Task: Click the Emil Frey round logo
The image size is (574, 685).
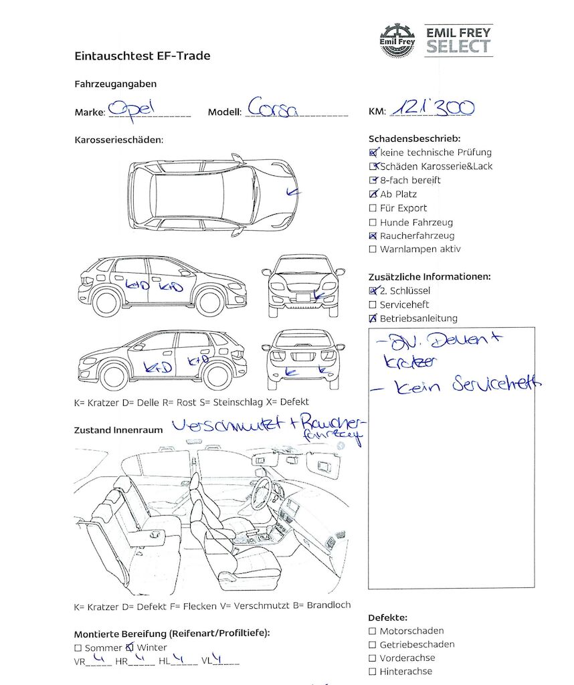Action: [397, 39]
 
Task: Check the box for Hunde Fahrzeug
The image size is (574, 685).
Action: [373, 222]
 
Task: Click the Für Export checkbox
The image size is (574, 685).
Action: [373, 208]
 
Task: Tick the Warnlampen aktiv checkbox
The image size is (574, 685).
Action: [373, 250]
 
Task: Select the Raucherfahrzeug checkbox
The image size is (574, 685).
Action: [373, 236]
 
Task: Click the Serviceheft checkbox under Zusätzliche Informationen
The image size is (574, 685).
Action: [373, 305]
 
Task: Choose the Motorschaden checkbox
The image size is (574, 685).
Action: [373, 631]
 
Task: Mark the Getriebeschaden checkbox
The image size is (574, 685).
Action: [373, 645]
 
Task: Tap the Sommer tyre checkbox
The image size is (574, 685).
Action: [78, 648]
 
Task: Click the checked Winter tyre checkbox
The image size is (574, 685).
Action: [130, 648]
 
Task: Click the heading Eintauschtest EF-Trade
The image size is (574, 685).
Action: [142, 56]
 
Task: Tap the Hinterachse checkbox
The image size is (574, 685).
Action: [373, 672]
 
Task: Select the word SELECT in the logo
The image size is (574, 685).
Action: [459, 47]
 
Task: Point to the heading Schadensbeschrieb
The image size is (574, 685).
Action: [414, 138]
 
